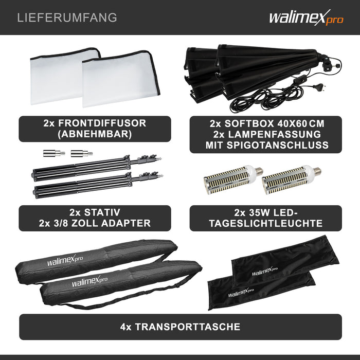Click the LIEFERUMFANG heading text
point(67,18)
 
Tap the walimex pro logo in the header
point(305,19)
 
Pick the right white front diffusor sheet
point(121,80)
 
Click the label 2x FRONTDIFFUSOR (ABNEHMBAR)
point(95,129)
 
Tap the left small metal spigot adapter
point(53,152)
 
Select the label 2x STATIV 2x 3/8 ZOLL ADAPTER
point(95,218)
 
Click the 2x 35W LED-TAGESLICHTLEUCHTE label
point(265,218)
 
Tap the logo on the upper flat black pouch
point(265,272)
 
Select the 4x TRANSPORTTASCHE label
point(180,327)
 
